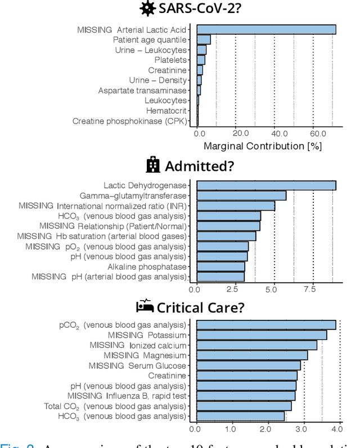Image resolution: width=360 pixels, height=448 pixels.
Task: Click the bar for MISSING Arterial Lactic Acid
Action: click(266, 30)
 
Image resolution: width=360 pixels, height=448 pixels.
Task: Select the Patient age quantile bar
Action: click(204, 40)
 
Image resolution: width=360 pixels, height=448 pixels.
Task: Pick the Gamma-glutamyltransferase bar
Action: click(241, 196)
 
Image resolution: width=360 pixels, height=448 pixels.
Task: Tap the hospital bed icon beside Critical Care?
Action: click(145, 306)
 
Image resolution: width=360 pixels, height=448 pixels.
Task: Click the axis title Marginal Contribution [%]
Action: click(262, 146)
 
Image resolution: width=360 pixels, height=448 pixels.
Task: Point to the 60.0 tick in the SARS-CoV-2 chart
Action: click(318, 134)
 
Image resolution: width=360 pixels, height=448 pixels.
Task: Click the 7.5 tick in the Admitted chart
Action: click(310, 289)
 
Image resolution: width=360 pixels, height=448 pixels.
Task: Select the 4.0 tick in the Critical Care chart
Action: click(337, 429)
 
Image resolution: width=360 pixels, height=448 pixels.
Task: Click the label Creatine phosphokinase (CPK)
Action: click(129, 121)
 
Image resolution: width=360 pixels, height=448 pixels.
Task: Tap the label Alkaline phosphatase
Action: click(147, 266)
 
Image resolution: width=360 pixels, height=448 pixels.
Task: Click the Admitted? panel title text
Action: click(199, 166)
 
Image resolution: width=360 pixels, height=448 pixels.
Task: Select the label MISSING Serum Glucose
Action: click(137, 365)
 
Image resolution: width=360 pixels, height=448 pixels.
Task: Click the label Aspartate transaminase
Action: click(142, 90)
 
